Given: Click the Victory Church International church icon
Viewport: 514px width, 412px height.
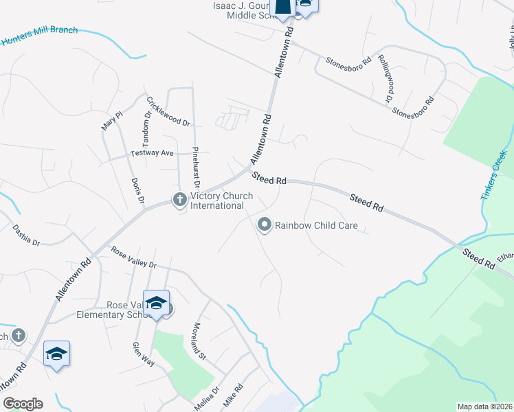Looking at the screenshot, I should point(179,200).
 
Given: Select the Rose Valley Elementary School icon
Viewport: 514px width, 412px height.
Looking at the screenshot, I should point(156,304).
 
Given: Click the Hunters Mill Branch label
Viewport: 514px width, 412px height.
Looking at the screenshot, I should point(39,36).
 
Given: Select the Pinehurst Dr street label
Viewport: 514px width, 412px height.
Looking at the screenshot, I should point(196,166).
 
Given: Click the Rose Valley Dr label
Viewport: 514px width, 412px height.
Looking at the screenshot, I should point(134,258).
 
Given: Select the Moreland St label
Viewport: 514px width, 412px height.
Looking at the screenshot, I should point(199,341).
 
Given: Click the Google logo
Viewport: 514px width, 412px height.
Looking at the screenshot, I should point(23,404).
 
